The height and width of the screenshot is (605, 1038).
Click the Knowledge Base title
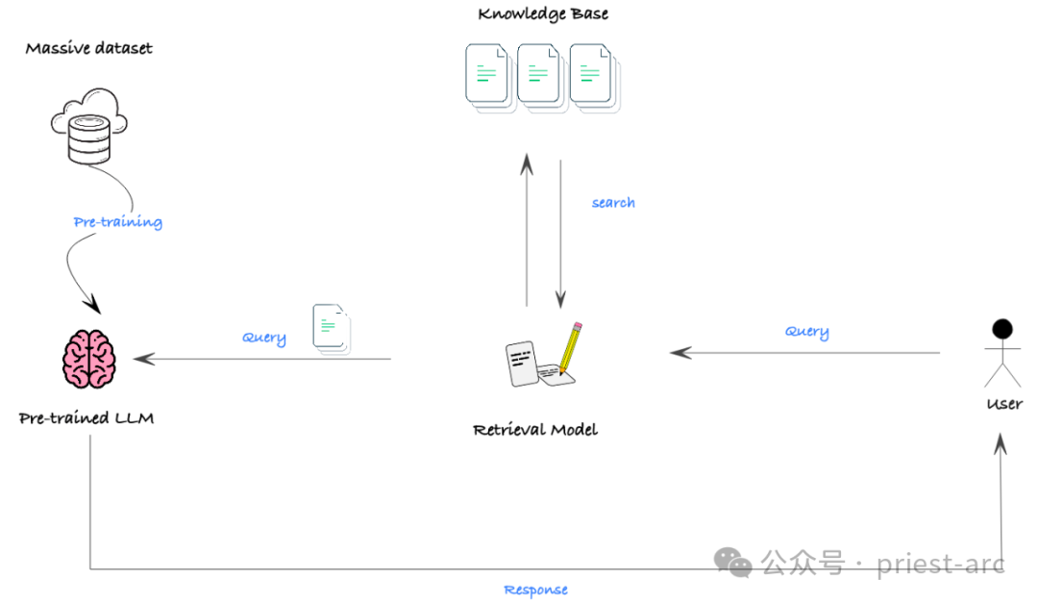[x=543, y=13]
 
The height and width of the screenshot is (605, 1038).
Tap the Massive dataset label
[x=88, y=48]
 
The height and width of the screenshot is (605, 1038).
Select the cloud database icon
[x=89, y=126]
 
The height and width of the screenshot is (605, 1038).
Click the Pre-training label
[x=118, y=222]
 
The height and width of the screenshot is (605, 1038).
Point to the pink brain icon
[x=89, y=359]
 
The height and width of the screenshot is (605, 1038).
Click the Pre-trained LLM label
[x=86, y=418]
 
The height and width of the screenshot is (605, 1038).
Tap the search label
[x=613, y=202]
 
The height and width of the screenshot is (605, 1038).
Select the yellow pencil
[x=570, y=347]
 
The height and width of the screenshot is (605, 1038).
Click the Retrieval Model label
[x=535, y=430]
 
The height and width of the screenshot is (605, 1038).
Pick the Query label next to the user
[x=807, y=331]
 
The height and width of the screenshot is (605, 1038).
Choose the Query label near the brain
[x=264, y=338]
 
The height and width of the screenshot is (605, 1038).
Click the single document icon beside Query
[x=332, y=329]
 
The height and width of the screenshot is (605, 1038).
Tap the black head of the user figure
[x=1002, y=329]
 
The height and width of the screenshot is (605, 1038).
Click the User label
[x=1004, y=404]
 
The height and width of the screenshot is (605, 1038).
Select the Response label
[x=535, y=590]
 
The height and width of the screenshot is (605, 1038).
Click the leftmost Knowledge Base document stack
[x=490, y=78]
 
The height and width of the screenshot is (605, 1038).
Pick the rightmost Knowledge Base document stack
[x=595, y=78]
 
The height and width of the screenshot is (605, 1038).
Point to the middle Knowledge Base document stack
[x=543, y=78]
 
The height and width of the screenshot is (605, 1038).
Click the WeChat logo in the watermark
[x=732, y=563]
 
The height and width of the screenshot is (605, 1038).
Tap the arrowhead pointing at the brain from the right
[x=143, y=359]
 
